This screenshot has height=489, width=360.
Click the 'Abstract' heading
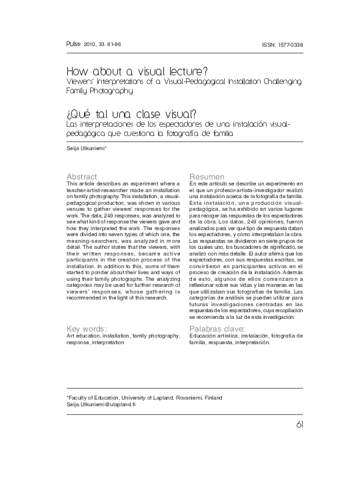click(x=83, y=176)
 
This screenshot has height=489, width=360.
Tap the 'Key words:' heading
click(x=87, y=329)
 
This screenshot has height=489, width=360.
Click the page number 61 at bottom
click(x=297, y=426)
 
